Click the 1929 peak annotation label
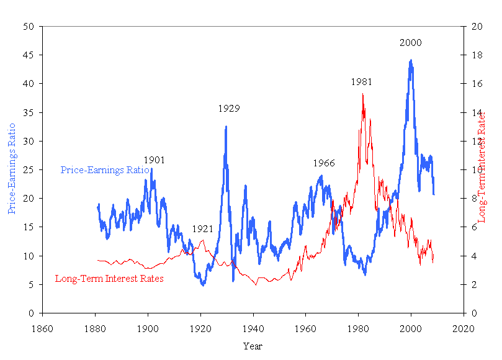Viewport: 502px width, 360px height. tap(228, 109)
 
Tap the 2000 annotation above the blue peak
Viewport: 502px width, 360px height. tap(410, 43)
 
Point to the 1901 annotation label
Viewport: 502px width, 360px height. tap(154, 160)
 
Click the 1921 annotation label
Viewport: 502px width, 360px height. tap(202, 228)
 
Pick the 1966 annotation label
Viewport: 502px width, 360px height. tap(323, 163)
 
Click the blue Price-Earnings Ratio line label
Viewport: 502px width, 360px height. tap(104, 170)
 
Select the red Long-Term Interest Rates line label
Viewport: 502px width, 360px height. tap(109, 279)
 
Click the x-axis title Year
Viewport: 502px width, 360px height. tap(253, 346)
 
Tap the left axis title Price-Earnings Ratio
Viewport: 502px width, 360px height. tap(12, 169)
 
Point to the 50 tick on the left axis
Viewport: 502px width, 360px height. tap(29, 27)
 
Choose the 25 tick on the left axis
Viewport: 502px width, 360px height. tap(29, 170)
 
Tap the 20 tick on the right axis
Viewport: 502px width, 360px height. tap(477, 27)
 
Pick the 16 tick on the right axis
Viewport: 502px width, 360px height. tap(477, 84)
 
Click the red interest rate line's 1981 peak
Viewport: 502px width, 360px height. tap(362, 94)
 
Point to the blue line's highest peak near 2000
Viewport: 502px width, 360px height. tap(411, 60)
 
